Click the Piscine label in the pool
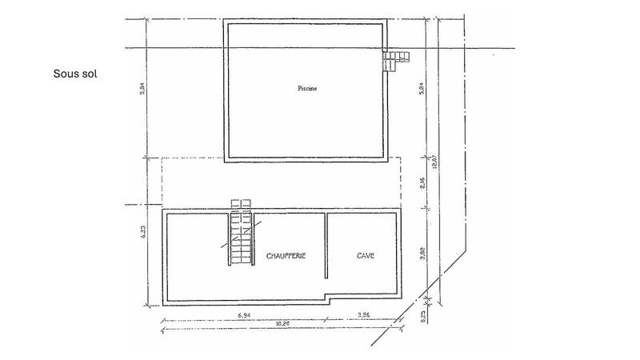coord(307,89)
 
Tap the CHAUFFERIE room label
coord(286,256)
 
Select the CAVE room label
coord(366,256)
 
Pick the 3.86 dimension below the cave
coord(363,316)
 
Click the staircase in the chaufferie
coord(240,240)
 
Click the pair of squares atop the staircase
coord(241,204)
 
